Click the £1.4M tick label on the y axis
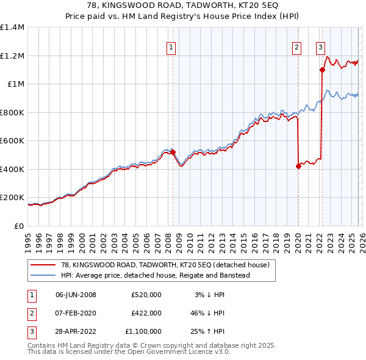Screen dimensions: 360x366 coord(12,27)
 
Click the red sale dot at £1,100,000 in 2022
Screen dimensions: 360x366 coord(322,70)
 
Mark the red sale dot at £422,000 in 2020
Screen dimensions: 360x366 coord(298,166)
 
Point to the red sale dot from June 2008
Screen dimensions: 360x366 coord(173,152)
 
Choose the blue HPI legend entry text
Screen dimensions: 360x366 coord(156,275)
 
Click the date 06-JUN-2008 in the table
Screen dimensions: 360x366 coord(76,295)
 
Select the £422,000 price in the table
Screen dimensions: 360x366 coord(146,313)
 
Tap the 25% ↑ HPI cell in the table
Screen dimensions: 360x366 coord(207,331)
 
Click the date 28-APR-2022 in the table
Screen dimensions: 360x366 coord(76,331)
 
